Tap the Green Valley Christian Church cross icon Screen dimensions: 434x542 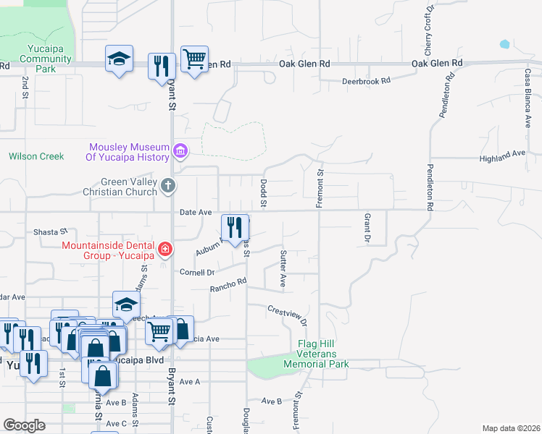tap(168, 187)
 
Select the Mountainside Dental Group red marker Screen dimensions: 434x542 tap(166, 250)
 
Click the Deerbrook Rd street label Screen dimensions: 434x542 tap(366, 81)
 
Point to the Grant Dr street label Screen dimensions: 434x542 tap(367, 227)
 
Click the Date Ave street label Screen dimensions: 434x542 tap(195, 213)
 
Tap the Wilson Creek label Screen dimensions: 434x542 tap(36, 156)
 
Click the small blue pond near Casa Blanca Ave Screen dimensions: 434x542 tap(504, 44)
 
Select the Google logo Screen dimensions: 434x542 tap(24, 425)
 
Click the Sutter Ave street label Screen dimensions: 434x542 tap(283, 268)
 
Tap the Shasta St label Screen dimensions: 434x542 tap(50, 232)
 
